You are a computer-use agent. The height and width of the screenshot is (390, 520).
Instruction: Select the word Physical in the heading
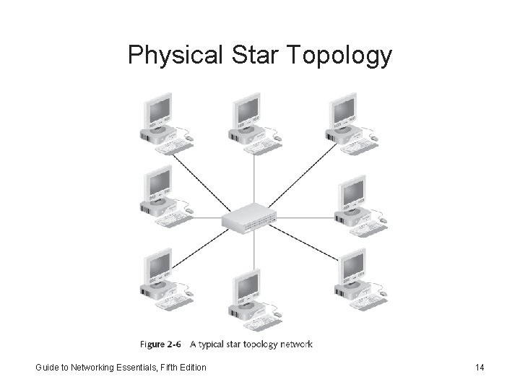coord(176,56)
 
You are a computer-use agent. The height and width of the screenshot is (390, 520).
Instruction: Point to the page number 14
coord(480,368)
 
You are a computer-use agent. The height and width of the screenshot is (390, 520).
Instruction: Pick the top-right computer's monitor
coord(344,110)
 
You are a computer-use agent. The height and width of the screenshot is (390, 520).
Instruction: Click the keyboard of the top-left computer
coord(174,146)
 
